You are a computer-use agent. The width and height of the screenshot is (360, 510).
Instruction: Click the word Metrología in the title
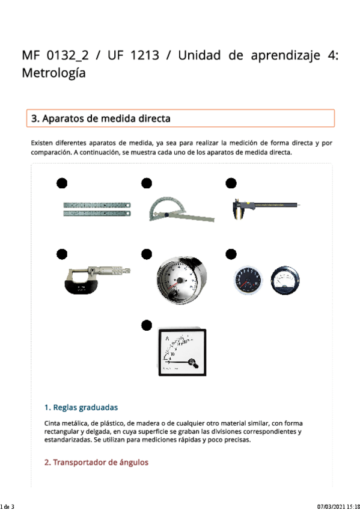click(53, 73)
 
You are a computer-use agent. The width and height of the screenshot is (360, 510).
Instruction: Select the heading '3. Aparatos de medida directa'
click(101, 118)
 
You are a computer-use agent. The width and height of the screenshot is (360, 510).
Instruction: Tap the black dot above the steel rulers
click(62, 183)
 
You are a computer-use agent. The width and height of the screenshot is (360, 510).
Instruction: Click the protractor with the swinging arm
click(182, 209)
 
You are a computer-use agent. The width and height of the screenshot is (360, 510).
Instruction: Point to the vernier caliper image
click(266, 209)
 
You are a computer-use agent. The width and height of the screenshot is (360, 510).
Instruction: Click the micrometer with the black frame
click(97, 280)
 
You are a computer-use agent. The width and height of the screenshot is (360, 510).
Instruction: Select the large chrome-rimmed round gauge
click(182, 280)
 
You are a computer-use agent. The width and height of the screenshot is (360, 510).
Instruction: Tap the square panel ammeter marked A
click(182, 352)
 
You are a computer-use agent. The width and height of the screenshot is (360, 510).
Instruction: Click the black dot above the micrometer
click(62, 254)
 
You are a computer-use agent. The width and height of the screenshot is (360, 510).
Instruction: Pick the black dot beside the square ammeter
click(147, 325)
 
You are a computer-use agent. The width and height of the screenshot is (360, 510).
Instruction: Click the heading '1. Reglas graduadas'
click(81, 407)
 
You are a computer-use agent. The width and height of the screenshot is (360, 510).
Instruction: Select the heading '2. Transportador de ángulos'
click(96, 462)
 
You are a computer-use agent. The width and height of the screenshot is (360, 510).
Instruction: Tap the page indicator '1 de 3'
click(7, 506)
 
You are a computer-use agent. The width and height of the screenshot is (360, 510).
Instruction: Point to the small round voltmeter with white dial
click(285, 280)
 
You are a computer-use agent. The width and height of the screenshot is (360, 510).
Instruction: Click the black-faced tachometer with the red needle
click(247, 280)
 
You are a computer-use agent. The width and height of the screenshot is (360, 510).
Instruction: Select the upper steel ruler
click(97, 205)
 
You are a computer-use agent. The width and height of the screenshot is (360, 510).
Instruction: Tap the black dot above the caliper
click(231, 183)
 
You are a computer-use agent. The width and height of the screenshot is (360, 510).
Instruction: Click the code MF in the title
click(31, 55)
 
